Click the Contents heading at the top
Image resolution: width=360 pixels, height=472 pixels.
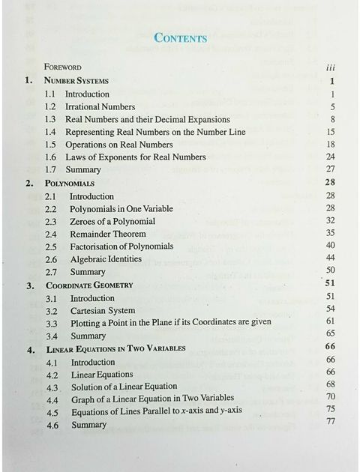pyautogui.click(x=179, y=37)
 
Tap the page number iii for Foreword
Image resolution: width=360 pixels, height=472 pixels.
pyautogui.click(x=331, y=67)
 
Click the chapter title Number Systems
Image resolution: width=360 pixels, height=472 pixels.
pyautogui.click(x=76, y=80)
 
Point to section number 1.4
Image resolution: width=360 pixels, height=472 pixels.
pyautogui.click(x=50, y=132)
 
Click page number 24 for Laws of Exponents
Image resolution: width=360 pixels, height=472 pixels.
pyautogui.click(x=330, y=157)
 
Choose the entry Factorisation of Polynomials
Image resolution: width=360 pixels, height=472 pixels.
pyautogui.click(x=125, y=246)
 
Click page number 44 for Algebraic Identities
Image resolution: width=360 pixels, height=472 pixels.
pyautogui.click(x=330, y=258)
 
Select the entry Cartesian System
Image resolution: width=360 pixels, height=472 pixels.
pyautogui.click(x=102, y=311)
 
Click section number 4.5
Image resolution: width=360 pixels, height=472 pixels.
pyautogui.click(x=52, y=412)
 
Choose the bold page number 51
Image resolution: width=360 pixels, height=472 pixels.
pyautogui.click(x=330, y=282)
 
